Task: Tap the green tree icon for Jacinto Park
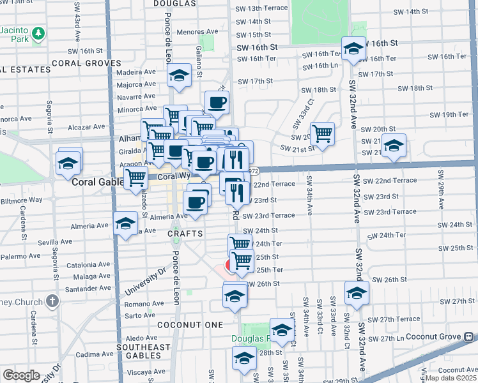coord(39,32)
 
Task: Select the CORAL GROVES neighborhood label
coord(86,63)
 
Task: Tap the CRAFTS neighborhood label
coord(185,234)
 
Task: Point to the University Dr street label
coord(141,282)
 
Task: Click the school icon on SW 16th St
coord(353,48)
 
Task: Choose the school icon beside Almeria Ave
coord(125,223)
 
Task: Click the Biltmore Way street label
coord(22,200)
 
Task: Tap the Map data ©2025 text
coord(450,378)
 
